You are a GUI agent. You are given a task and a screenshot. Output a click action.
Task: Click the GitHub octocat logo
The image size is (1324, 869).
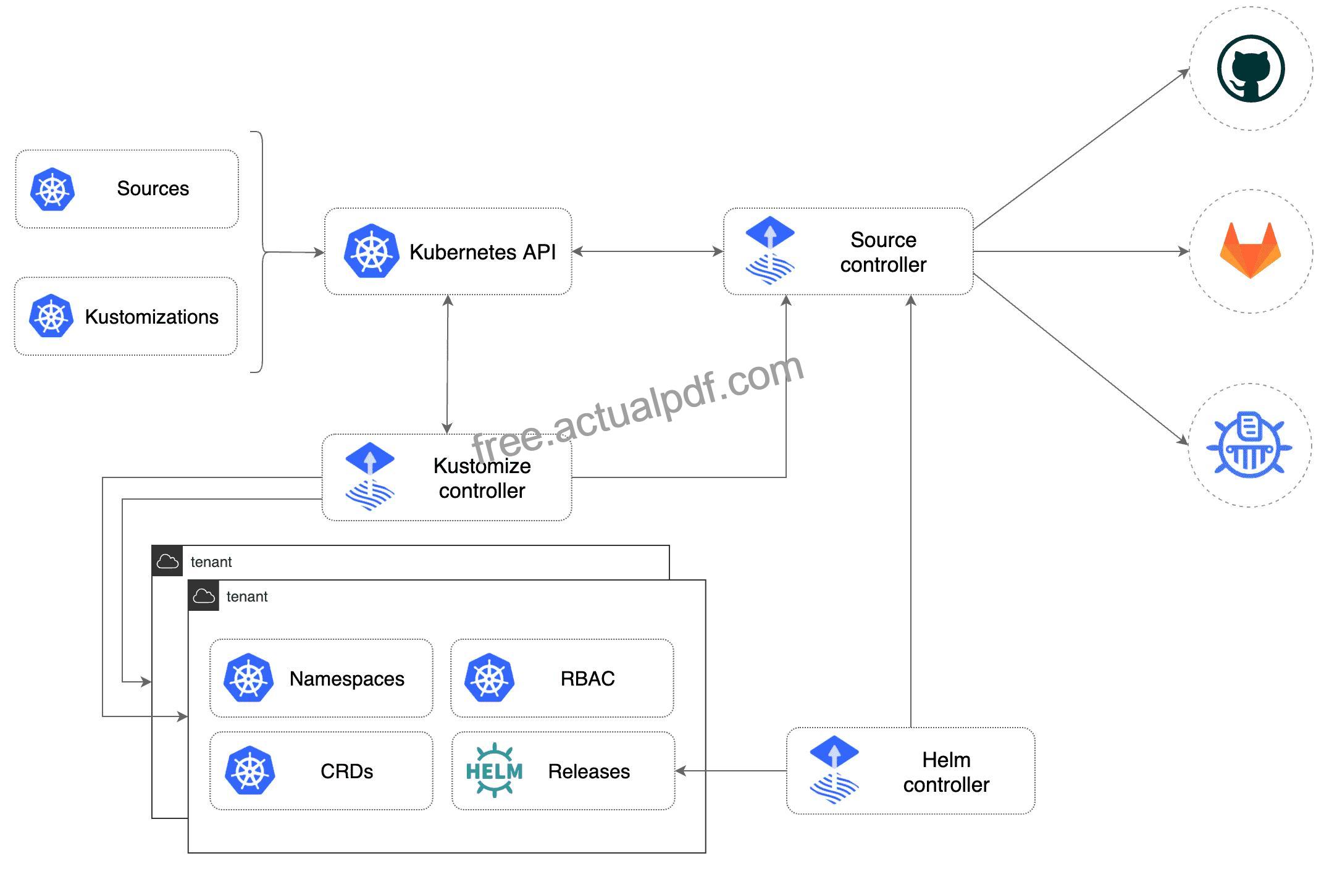click(1251, 68)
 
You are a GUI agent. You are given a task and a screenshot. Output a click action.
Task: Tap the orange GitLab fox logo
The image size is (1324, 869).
click(1251, 250)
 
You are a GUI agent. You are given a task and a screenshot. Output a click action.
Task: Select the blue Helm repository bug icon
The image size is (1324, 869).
click(1249, 445)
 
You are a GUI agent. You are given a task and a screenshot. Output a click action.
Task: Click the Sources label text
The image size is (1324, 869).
click(153, 188)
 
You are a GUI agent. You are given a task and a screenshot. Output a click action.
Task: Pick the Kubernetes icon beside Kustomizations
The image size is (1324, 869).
click(51, 316)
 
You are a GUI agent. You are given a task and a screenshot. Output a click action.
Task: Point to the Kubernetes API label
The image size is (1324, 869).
click(482, 252)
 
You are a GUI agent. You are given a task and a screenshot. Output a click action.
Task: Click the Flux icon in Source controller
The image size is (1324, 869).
click(770, 250)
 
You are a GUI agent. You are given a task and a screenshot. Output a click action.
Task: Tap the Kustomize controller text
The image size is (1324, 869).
click(482, 478)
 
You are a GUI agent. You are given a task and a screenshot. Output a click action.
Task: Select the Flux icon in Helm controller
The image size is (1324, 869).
click(834, 770)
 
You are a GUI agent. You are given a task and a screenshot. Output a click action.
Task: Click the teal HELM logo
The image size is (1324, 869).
click(494, 770)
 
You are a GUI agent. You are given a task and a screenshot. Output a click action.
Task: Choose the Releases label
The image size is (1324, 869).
click(589, 771)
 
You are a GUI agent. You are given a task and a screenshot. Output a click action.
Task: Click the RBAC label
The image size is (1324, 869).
click(587, 679)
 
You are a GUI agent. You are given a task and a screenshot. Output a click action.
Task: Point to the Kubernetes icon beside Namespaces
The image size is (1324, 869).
click(248, 678)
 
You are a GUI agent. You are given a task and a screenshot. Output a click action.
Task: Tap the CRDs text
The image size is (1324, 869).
click(346, 771)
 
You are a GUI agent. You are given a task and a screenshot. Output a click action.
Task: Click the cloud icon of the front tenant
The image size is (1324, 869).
click(204, 596)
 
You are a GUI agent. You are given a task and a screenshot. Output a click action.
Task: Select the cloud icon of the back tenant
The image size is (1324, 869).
click(167, 561)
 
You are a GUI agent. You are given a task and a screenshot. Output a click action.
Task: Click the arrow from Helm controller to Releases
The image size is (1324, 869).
click(731, 771)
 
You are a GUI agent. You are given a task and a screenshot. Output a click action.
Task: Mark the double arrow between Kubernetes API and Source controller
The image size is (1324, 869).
click(648, 251)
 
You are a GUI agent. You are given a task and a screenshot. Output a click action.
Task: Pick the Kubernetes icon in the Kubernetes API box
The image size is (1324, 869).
click(371, 251)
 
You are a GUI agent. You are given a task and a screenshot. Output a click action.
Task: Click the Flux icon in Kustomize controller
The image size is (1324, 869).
click(370, 476)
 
